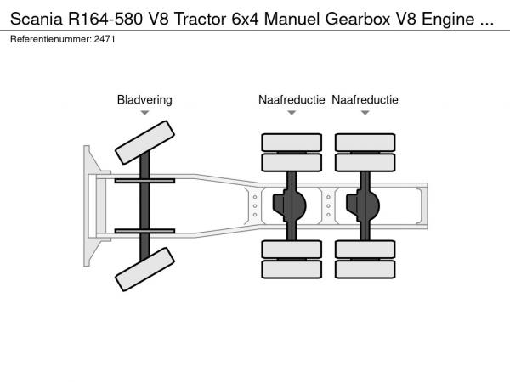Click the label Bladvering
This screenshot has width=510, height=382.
[x=144, y=100]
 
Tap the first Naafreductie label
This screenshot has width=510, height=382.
[x=292, y=100]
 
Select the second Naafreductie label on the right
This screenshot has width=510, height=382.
[x=365, y=100]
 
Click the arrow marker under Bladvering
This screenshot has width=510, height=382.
[x=144, y=113]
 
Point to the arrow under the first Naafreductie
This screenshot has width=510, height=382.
[x=292, y=113]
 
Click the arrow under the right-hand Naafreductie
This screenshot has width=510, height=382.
[x=365, y=113]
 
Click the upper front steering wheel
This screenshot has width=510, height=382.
[x=144, y=142]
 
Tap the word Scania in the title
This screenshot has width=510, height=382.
[x=38, y=18]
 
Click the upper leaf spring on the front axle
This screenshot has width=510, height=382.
[x=144, y=181]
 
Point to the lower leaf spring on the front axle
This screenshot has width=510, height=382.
[x=144, y=230]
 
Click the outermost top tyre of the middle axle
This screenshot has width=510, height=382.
[x=292, y=142]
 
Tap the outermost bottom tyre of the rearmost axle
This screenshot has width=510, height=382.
[x=365, y=270]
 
